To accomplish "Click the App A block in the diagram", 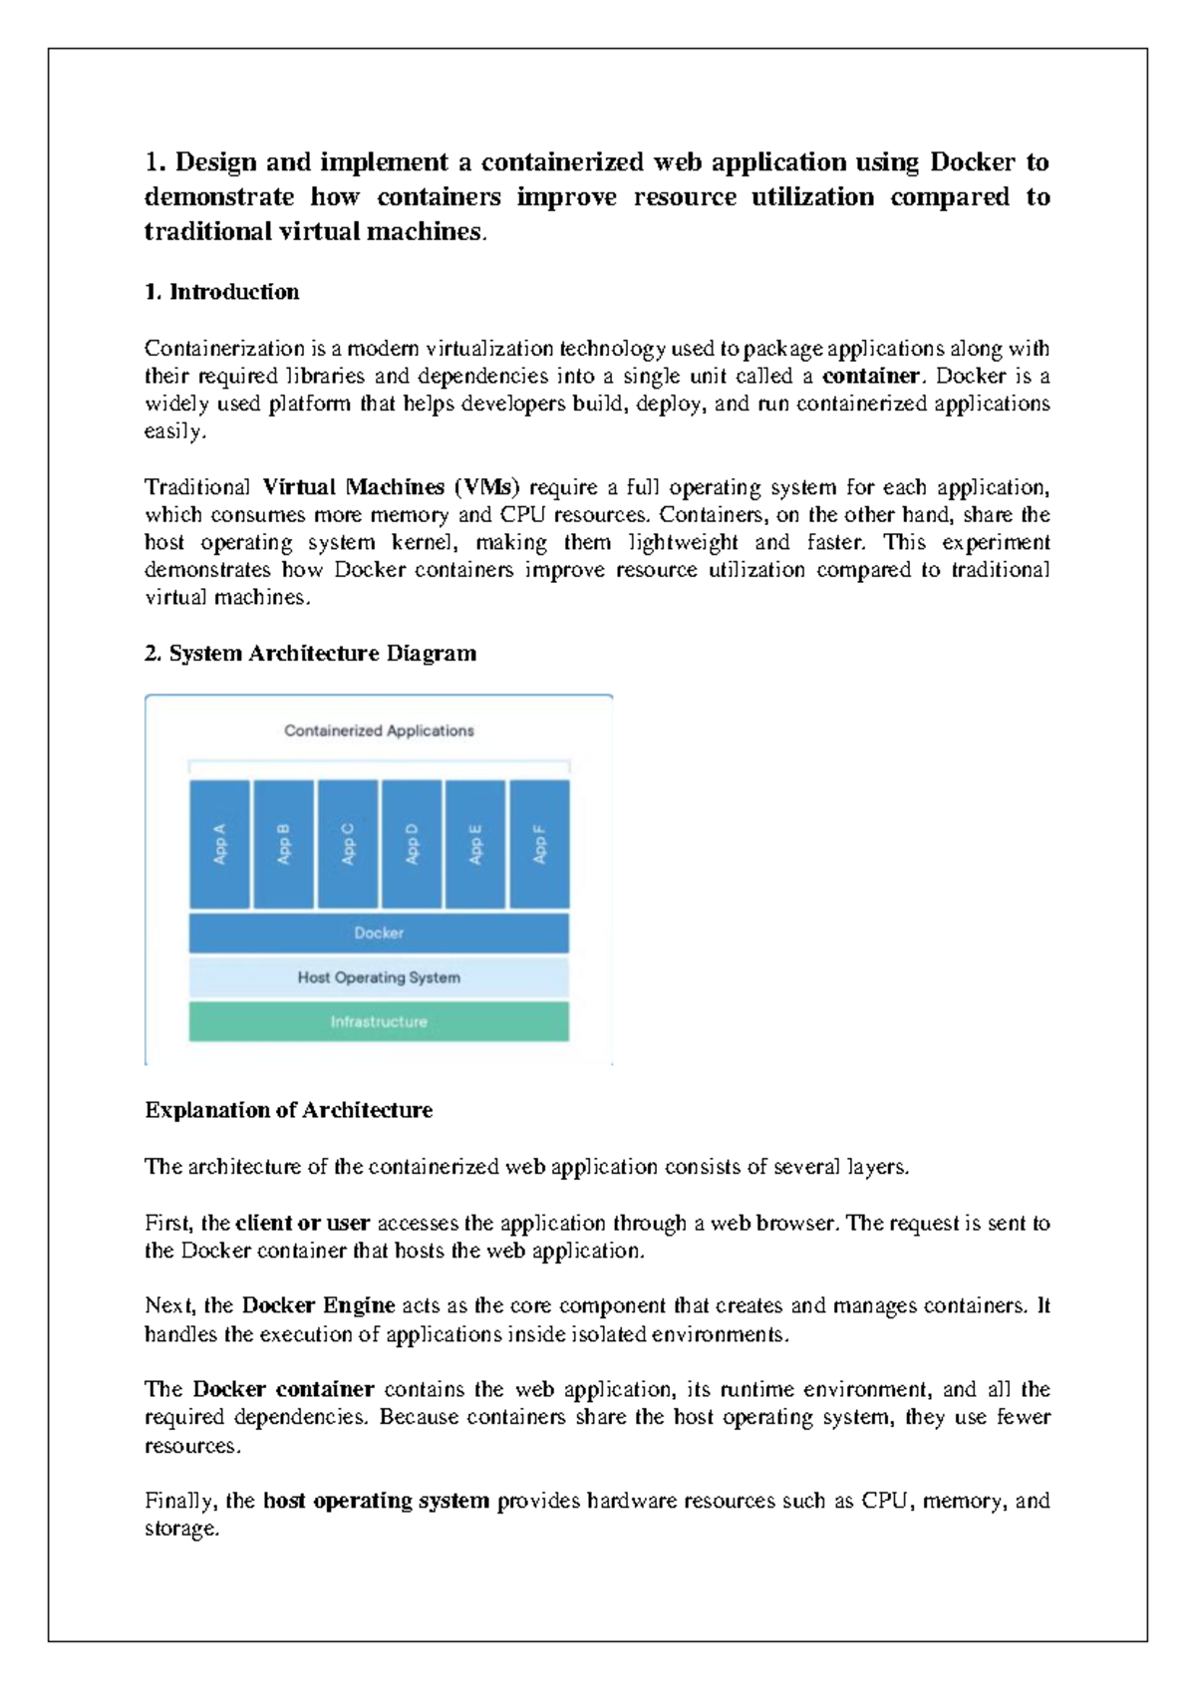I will pyautogui.click(x=219, y=844).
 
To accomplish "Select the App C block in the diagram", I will pyautogui.click(x=348, y=844).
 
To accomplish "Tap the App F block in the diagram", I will pyautogui.click(x=539, y=844).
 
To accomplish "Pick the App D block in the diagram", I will pyautogui.click(x=412, y=844).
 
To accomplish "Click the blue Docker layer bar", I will pyautogui.click(x=379, y=934).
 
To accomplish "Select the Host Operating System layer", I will pyautogui.click(x=379, y=978).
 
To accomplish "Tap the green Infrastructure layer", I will pyautogui.click(x=379, y=1022).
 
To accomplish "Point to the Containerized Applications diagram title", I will pyautogui.click(x=379, y=730).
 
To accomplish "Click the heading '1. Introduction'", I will pyautogui.click(x=221, y=292).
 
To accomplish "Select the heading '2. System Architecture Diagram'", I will pyautogui.click(x=310, y=654).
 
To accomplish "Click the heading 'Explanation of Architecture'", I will pyautogui.click(x=288, y=1110).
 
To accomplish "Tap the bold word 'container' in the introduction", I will pyautogui.click(x=870, y=376).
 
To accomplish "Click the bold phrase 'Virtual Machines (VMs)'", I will pyautogui.click(x=391, y=487).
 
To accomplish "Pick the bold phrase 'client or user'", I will pyautogui.click(x=302, y=1223).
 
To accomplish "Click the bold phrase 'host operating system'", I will pyautogui.click(x=376, y=1501).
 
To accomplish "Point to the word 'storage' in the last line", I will pyautogui.click(x=179, y=1529).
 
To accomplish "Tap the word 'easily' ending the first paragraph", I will pyautogui.click(x=173, y=431).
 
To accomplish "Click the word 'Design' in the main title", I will pyautogui.click(x=216, y=162).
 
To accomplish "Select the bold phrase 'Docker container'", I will pyautogui.click(x=283, y=1389).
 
